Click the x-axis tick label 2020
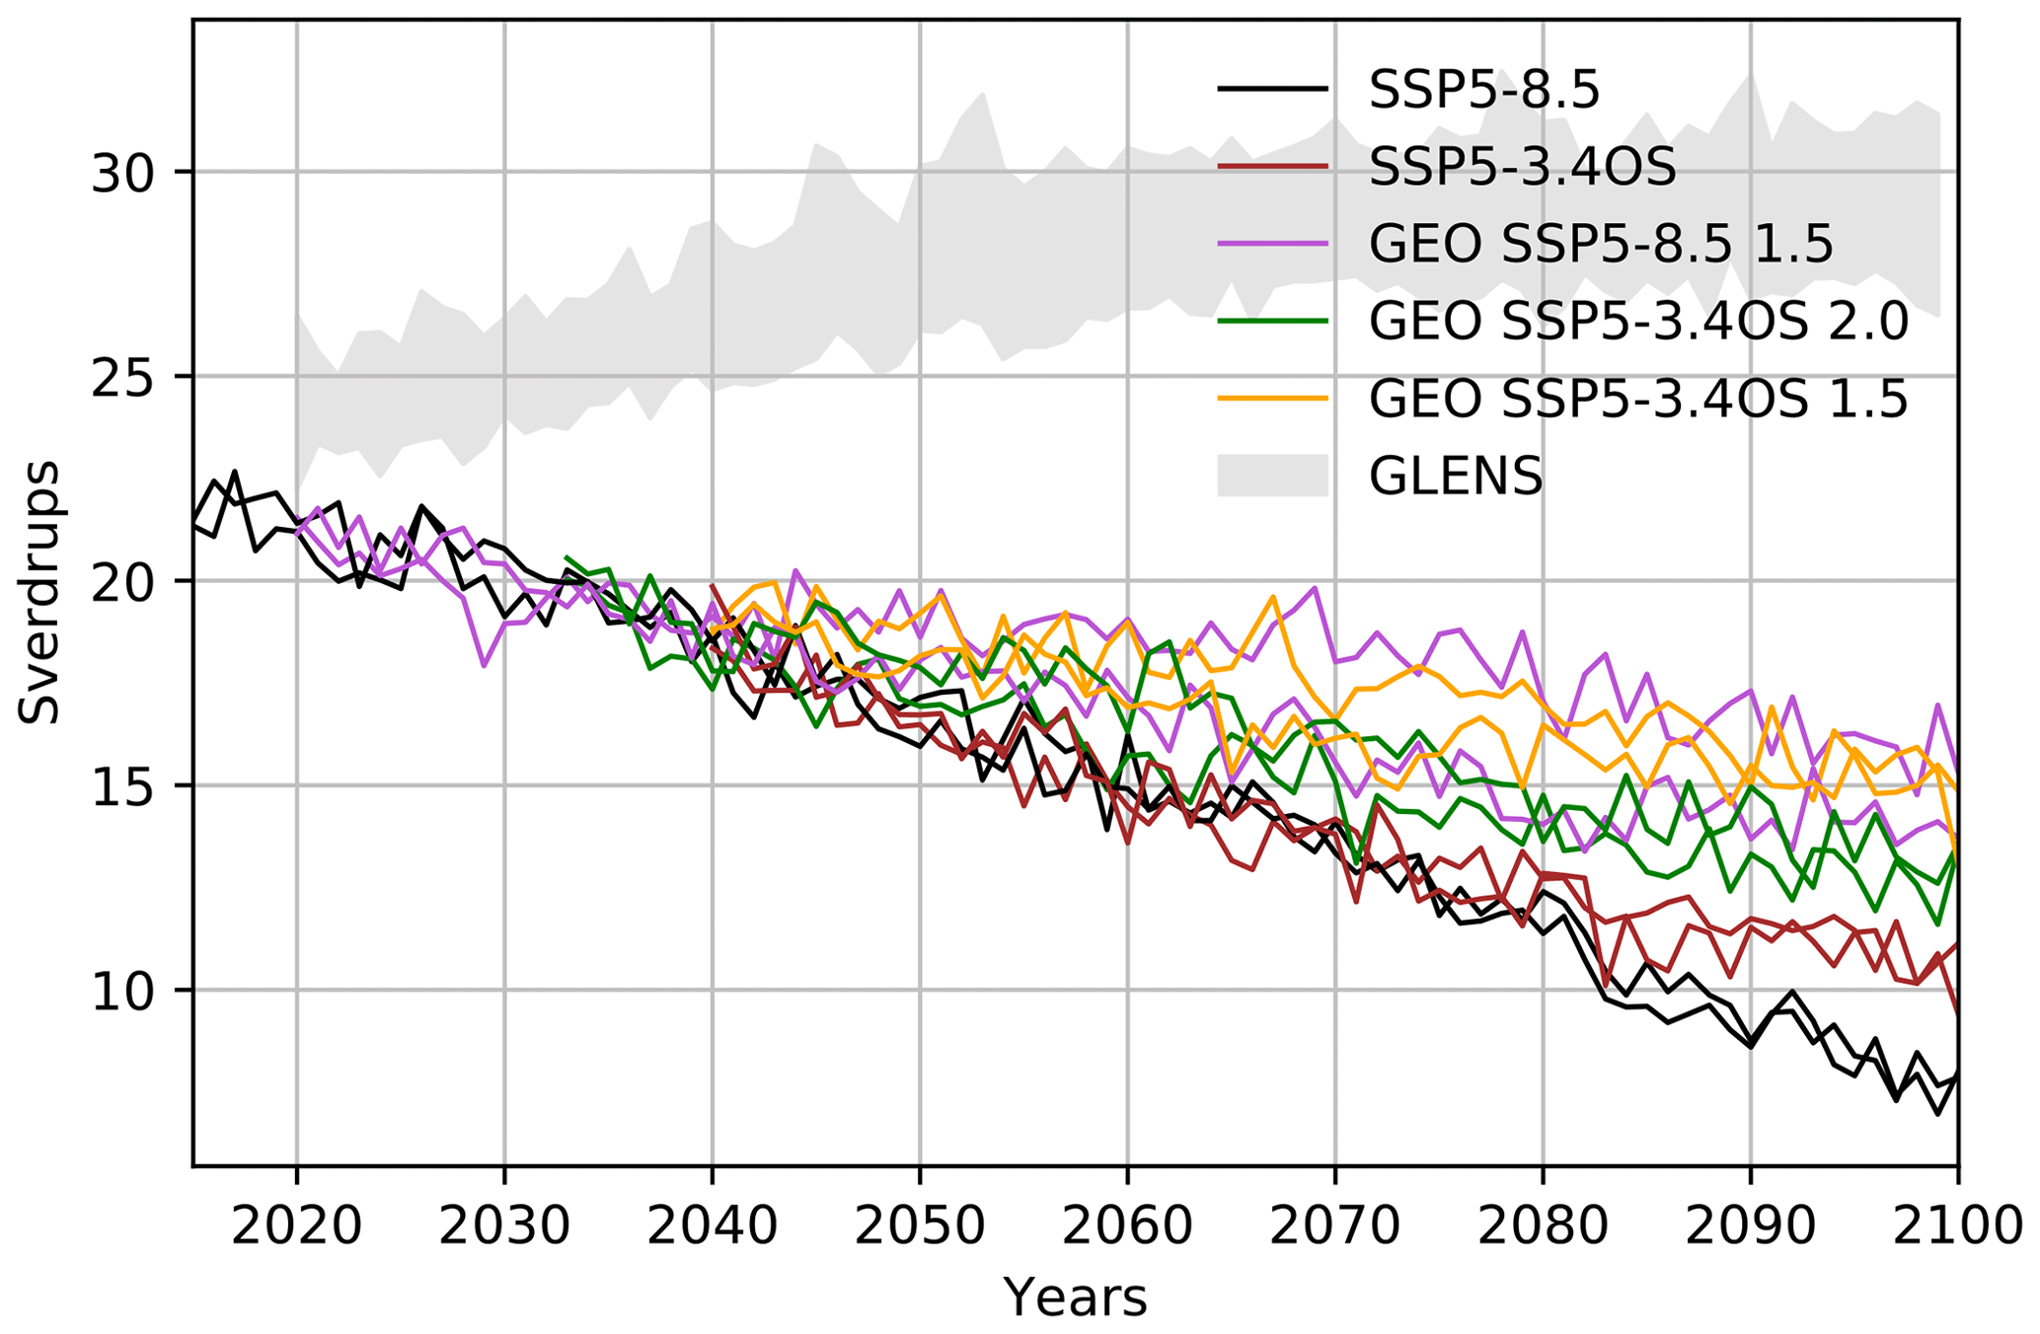296,1226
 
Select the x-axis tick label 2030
504,1226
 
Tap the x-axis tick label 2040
713,1226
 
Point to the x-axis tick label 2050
920,1226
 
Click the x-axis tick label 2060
1128,1226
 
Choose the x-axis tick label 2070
1335,1226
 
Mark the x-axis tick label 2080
1543,1226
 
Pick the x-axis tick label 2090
1751,1226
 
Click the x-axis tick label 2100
1958,1226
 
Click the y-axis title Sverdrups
39,592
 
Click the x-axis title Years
1076,1297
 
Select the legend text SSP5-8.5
1483,91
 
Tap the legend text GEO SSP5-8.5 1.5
1601,245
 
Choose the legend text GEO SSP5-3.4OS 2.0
1638,322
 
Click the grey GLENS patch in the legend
1272,476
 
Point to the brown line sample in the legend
1272,167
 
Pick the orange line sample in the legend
1272,399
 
